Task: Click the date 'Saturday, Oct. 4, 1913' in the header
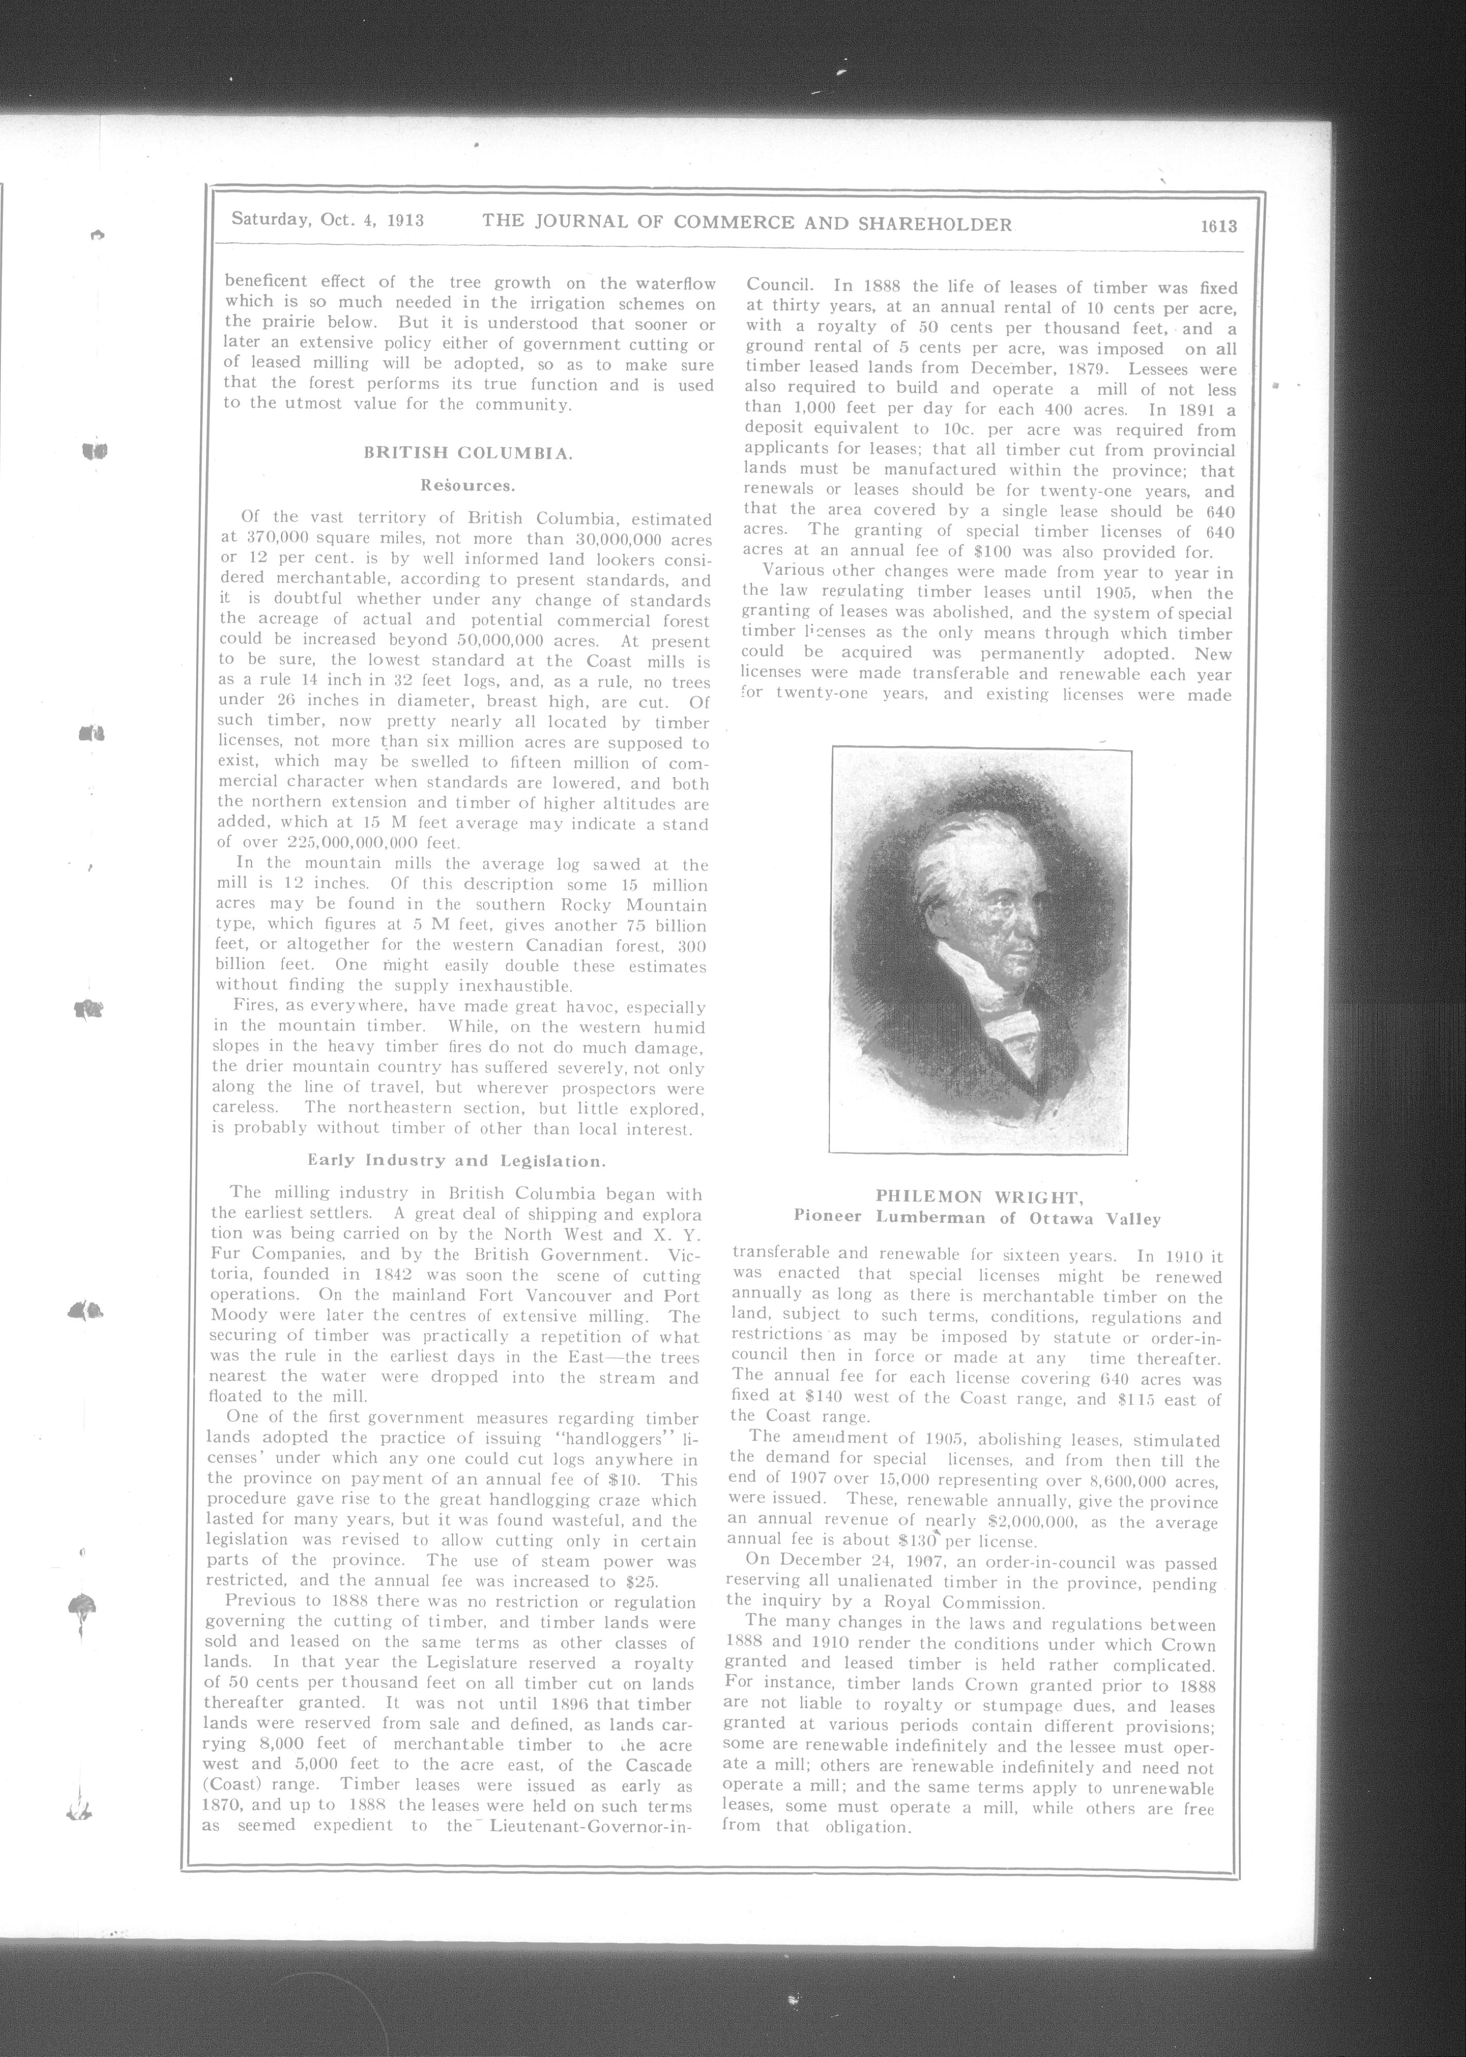[328, 219]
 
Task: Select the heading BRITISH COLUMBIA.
[468, 453]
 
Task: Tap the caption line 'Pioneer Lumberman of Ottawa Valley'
[977, 1218]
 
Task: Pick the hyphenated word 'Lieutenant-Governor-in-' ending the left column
[591, 1825]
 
